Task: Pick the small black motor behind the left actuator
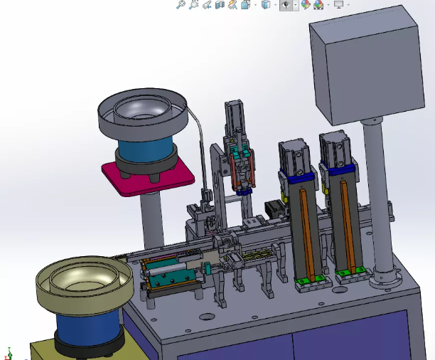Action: coord(274,209)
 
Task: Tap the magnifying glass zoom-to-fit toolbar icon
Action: coord(181,5)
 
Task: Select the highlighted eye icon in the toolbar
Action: coord(286,5)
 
